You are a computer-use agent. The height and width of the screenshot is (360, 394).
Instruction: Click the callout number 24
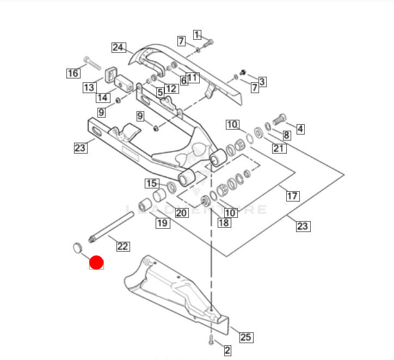point(119,47)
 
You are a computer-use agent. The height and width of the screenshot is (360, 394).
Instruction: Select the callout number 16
point(73,73)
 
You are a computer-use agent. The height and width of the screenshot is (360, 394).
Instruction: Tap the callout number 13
point(89,87)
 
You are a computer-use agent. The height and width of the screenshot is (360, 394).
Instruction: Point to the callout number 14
point(103,97)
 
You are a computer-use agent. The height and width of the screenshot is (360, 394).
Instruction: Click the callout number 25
point(245,337)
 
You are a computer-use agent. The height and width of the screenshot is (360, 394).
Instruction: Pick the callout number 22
point(123,246)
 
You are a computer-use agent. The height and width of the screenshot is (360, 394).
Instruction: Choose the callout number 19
point(162,222)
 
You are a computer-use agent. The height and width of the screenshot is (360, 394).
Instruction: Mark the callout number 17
point(293,196)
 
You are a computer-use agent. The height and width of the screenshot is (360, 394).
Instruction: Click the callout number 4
point(300,129)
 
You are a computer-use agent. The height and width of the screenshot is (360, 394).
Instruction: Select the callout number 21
point(279,148)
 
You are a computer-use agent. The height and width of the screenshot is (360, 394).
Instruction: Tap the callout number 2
point(227,350)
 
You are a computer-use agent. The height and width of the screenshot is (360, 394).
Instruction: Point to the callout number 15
point(151,183)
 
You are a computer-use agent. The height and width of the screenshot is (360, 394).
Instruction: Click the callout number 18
point(224,222)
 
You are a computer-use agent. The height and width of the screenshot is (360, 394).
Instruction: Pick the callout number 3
point(262,82)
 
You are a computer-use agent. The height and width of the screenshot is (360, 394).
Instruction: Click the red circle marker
point(96,263)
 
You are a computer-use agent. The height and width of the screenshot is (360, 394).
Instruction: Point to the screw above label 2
point(210,340)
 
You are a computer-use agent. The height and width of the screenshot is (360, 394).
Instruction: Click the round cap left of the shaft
point(76,248)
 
